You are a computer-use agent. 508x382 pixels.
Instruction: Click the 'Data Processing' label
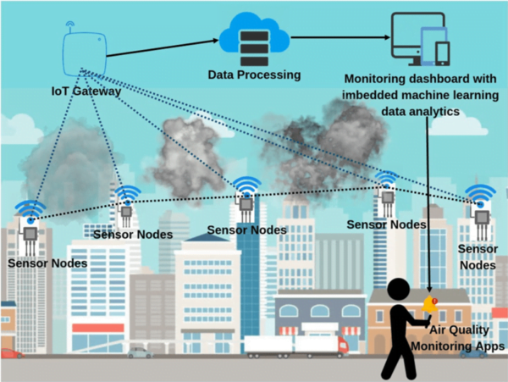(x=254, y=75)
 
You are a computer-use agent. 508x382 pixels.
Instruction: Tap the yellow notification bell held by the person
(x=429, y=304)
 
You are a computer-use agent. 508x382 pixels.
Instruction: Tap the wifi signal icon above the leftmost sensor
(x=30, y=209)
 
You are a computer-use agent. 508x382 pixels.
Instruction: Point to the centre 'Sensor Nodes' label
(x=246, y=230)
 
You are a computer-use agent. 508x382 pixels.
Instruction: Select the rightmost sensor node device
(x=481, y=222)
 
